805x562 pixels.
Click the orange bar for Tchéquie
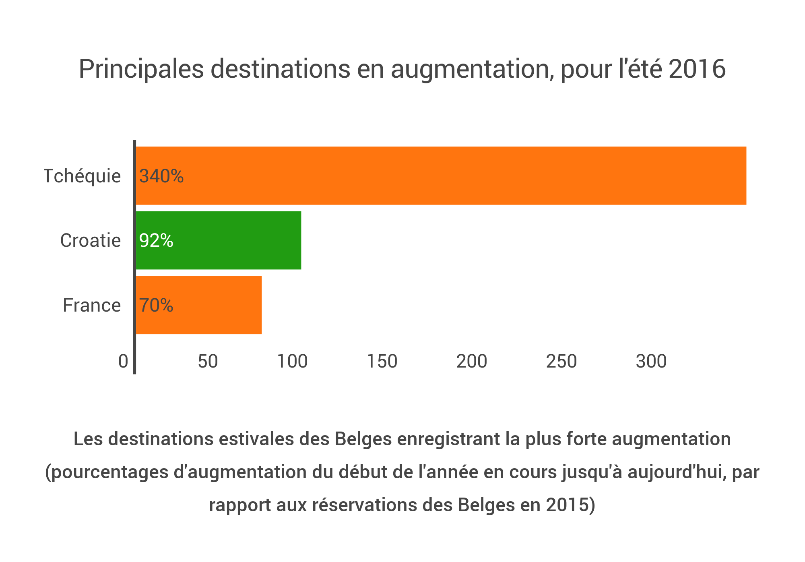tap(441, 176)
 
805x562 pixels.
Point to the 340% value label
tap(161, 176)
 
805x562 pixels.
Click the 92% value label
tap(156, 240)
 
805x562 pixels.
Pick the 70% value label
tap(156, 305)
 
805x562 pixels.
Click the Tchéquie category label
tap(82, 176)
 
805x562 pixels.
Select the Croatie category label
tap(91, 240)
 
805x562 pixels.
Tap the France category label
tap(92, 305)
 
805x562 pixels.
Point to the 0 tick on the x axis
tap(123, 362)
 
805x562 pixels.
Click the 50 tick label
tap(208, 362)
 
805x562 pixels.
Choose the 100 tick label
tap(293, 362)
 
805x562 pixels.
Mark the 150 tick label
tap(382, 362)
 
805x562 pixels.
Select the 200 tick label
tap(472, 362)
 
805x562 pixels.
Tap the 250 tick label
tap(561, 362)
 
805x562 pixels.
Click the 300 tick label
tap(651, 362)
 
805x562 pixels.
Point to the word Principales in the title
tap(141, 69)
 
